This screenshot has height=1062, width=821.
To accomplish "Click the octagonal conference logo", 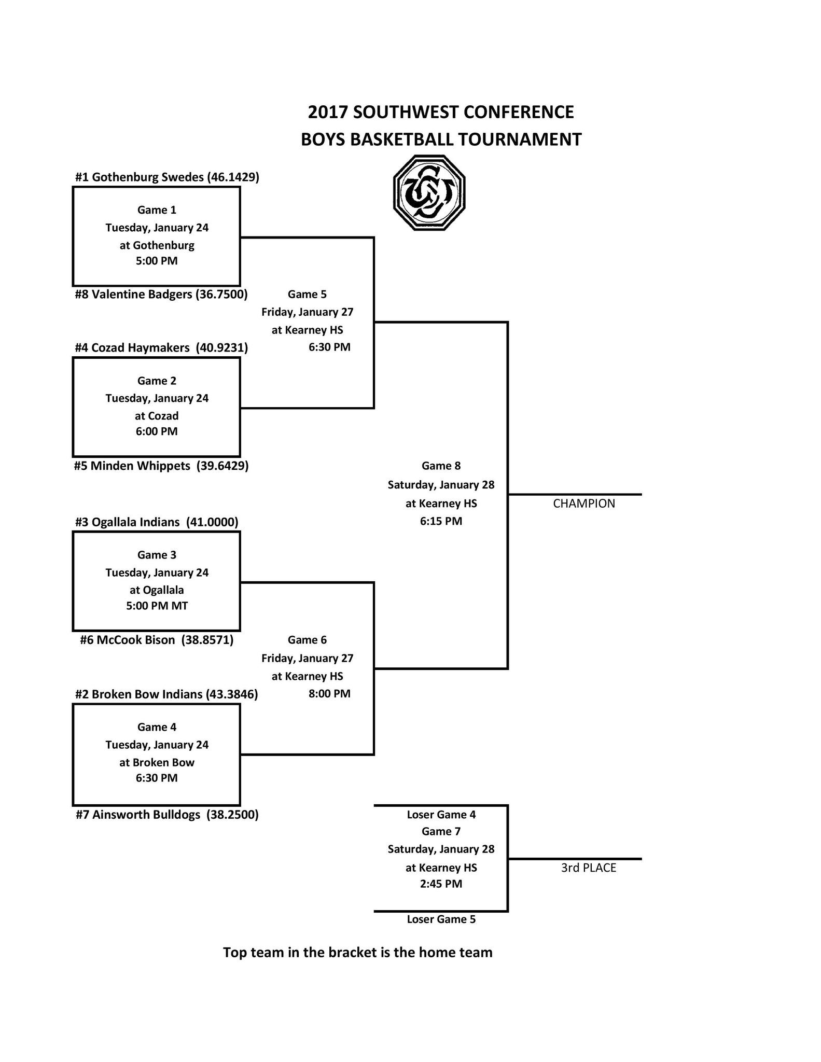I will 429,192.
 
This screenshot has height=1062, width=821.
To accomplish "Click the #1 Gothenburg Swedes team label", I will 167,177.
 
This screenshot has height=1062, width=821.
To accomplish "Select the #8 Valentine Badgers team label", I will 161,295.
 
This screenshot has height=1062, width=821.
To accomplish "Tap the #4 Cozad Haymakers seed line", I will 161,348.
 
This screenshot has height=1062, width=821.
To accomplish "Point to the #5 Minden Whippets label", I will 162,466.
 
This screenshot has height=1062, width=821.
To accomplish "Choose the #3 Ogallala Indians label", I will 157,522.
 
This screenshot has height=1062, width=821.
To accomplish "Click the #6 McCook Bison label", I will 157,640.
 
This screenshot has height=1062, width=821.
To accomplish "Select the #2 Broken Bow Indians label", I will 166,694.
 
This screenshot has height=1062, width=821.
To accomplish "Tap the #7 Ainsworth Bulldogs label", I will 167,815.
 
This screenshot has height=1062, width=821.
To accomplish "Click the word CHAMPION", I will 584,504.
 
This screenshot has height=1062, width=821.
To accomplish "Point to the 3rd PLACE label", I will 588,868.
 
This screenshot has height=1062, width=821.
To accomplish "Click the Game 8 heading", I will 441,466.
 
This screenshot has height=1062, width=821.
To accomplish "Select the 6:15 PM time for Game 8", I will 441,521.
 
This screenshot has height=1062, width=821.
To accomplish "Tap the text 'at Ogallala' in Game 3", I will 157,590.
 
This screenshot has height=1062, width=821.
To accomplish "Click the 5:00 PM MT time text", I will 157,606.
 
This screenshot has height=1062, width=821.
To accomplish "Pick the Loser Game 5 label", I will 441,919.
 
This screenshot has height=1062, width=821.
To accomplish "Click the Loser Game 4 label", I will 441,815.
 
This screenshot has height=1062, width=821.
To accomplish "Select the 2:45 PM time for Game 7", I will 441,884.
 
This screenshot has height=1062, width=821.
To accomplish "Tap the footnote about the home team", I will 357,953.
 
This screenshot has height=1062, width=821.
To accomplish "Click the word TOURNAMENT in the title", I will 522,139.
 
